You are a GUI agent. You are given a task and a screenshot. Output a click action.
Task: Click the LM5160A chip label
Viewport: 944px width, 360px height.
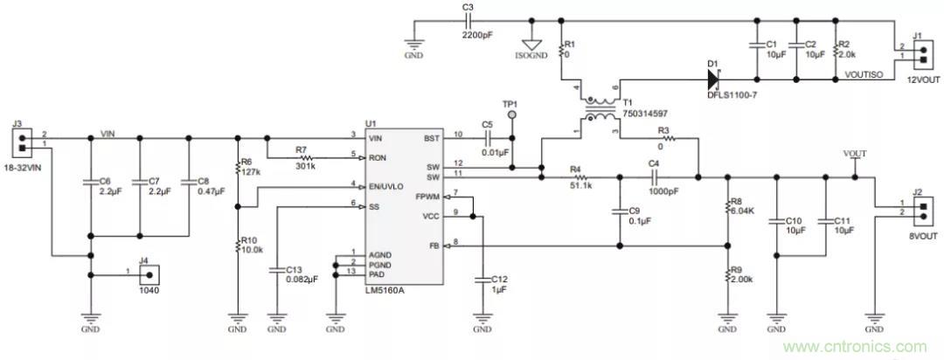pos(385,290)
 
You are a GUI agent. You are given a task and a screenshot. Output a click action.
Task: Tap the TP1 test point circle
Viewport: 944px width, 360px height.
pos(514,114)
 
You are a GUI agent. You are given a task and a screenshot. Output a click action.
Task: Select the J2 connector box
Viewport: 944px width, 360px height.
pos(920,210)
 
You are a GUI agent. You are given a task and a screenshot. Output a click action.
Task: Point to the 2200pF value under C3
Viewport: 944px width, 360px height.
pos(480,35)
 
